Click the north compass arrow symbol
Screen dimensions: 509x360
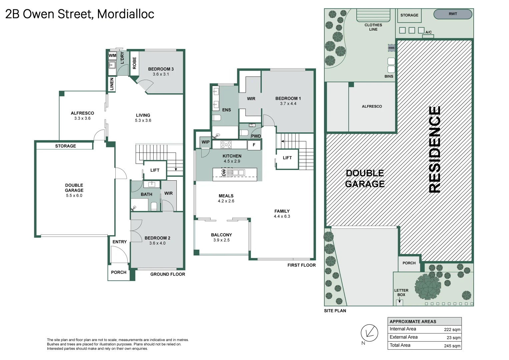tap(369, 333)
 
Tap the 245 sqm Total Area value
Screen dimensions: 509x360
tap(452, 346)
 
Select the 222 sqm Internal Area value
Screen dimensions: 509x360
tap(452, 330)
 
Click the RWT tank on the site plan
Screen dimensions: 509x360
tap(453, 14)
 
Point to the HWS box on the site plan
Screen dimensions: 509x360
tap(391, 48)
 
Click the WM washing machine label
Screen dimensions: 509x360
tap(112, 55)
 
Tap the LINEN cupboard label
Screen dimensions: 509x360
tap(112, 84)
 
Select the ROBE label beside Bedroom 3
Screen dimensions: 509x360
tap(134, 63)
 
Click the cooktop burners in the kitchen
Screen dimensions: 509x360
tap(226, 145)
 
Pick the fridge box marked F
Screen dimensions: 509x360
tap(254, 145)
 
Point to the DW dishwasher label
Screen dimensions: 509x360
tap(224, 173)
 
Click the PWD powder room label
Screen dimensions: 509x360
tap(256, 136)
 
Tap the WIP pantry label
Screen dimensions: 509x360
tap(205, 142)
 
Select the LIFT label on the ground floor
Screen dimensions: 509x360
tap(155, 170)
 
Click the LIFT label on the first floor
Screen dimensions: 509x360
tap(287, 158)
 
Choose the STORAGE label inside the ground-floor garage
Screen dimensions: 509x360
tap(65, 146)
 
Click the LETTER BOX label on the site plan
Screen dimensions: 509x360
tap(401, 293)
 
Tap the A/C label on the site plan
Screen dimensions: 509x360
tap(429, 32)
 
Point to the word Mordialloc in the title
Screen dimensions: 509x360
tap(126, 14)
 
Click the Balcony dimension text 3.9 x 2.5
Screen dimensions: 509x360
tap(221, 240)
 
